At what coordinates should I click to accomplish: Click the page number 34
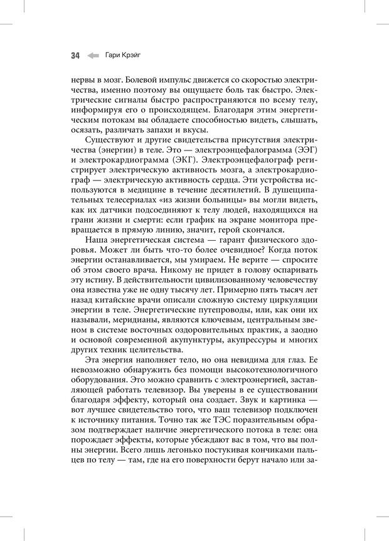click(x=75, y=56)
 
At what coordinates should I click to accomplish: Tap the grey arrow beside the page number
click(x=93, y=56)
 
